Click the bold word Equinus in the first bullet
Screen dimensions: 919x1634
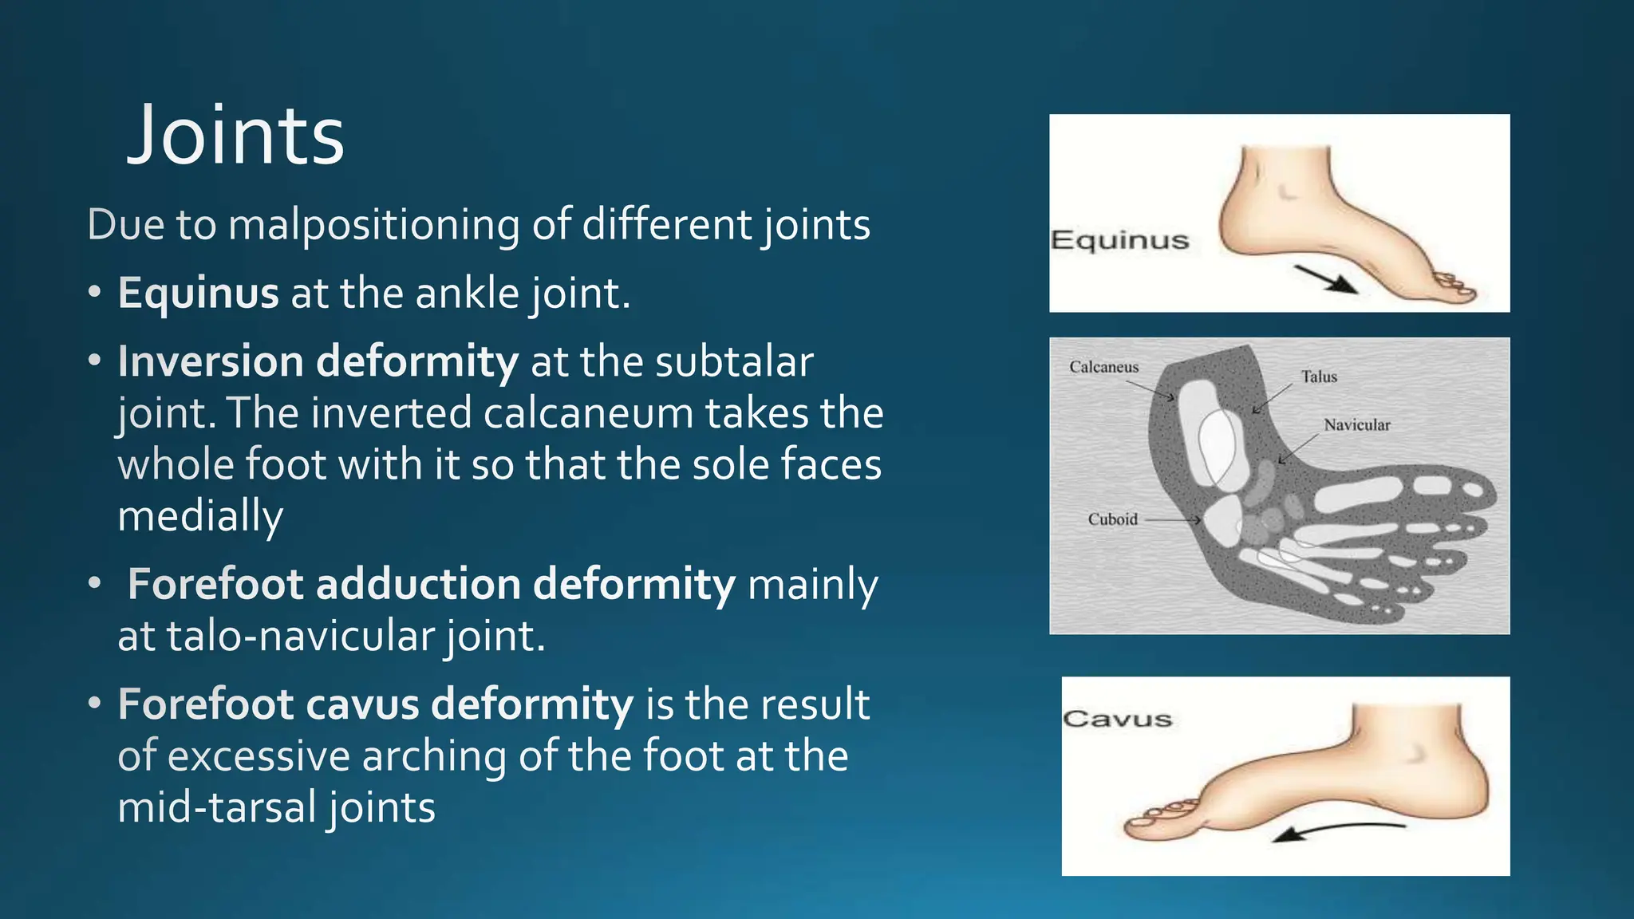(x=198, y=294)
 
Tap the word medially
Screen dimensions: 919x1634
(x=200, y=516)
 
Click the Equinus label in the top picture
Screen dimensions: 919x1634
(x=1119, y=240)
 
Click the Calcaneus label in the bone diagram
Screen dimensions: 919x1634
(x=1103, y=367)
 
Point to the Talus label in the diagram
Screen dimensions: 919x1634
(x=1319, y=377)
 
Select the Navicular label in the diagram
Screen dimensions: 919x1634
(x=1356, y=425)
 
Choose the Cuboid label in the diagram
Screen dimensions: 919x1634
(x=1112, y=519)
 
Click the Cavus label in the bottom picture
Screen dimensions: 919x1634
(x=1117, y=719)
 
